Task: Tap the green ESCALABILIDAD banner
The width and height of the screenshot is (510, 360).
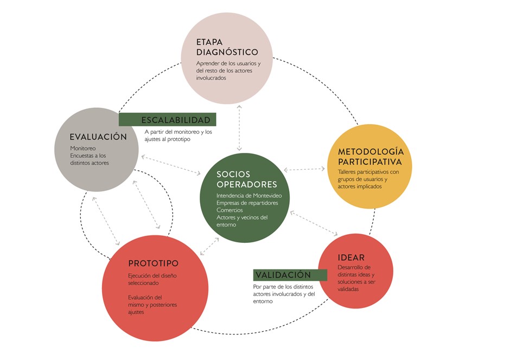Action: tap(168, 120)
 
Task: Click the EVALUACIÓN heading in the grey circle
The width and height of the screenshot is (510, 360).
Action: tap(98, 137)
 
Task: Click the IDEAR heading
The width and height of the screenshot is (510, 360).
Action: tap(351, 257)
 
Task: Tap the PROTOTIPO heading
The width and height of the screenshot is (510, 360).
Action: tap(154, 263)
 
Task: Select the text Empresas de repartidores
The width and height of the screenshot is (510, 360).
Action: tap(247, 203)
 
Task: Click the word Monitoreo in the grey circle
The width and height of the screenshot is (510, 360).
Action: tap(83, 148)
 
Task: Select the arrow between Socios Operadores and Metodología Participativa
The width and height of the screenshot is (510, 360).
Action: tap(304, 169)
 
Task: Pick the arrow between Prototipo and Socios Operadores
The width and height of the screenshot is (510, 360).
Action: tap(209, 246)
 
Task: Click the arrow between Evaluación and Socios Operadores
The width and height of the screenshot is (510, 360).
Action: tap(171, 165)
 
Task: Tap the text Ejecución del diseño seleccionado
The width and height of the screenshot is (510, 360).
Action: tap(152, 279)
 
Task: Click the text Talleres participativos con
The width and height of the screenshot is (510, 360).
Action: tap(368, 172)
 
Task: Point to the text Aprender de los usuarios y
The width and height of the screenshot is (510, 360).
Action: tap(228, 63)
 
